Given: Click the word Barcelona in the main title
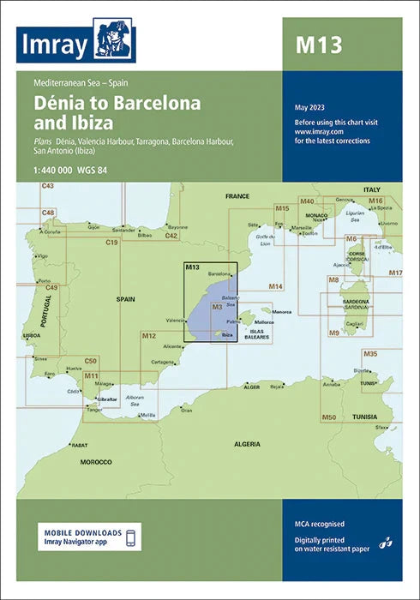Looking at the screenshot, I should [153, 105].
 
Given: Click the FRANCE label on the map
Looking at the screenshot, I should [237, 196].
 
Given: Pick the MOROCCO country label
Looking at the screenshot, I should [96, 462].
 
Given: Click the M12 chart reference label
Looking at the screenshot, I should [148, 334].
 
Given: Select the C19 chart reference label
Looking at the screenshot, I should [111, 243].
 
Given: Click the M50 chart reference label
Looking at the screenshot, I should [327, 417].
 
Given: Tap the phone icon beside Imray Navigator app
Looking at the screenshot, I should [130, 537].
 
